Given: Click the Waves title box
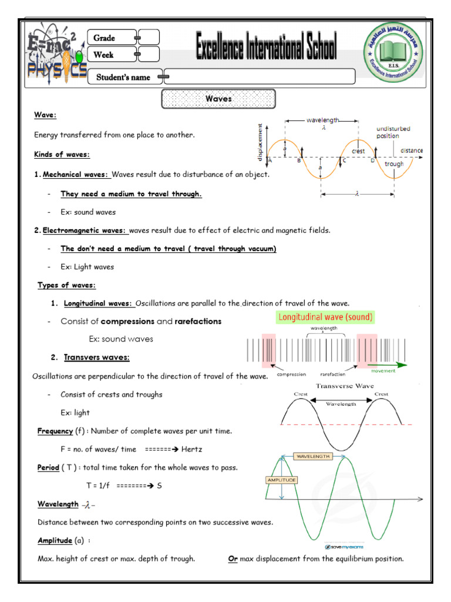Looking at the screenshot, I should [218, 99].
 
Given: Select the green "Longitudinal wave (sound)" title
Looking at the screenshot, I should [325, 317].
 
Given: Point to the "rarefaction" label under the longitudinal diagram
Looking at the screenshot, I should [333, 374].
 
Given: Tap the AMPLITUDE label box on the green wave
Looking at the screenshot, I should [282, 480].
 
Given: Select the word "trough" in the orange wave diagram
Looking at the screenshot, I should [394, 164].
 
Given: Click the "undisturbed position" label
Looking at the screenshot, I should [393, 132].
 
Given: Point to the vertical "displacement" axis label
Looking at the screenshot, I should [259, 141].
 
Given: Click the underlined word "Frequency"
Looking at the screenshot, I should [55, 431].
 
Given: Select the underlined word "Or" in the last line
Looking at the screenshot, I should [233, 558].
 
